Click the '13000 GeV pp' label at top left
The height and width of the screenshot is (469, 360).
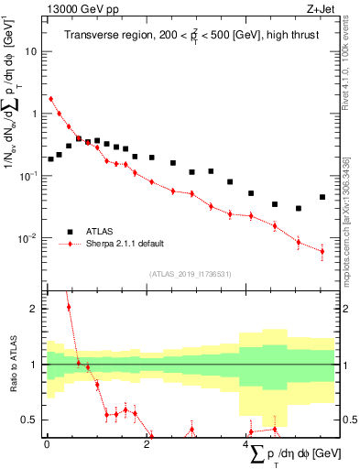(x=80, y=9)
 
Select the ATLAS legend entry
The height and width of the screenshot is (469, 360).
(x=99, y=232)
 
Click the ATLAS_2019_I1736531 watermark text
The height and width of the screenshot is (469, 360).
(x=189, y=273)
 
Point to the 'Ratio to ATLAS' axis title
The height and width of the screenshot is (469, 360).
(x=13, y=365)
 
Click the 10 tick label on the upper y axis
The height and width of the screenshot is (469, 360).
(x=30, y=51)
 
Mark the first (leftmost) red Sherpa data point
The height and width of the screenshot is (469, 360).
(x=50, y=99)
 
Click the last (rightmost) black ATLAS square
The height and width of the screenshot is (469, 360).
(x=322, y=197)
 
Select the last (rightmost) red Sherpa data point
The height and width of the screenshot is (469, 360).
(x=322, y=251)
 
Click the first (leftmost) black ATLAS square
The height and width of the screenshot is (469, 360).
(x=50, y=159)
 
